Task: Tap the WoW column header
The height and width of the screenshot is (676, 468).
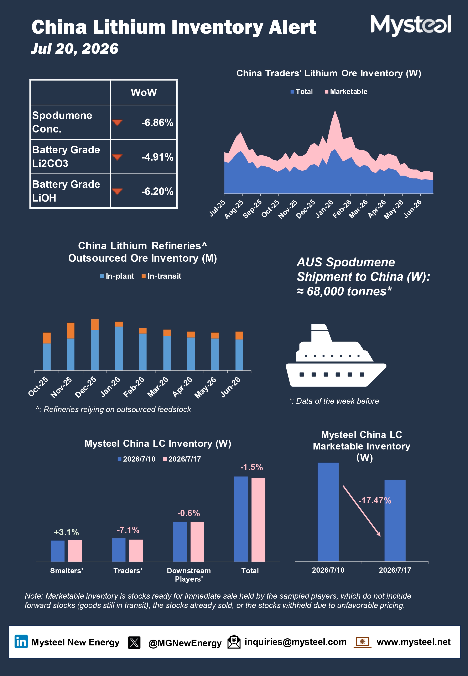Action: pyautogui.click(x=144, y=92)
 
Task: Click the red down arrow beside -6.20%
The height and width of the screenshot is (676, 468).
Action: pyautogui.click(x=117, y=191)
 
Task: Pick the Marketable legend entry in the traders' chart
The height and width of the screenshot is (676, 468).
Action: pyautogui.click(x=346, y=92)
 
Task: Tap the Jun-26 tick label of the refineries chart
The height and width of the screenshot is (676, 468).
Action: pyautogui.click(x=230, y=387)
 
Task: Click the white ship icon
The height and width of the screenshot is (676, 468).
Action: pyautogui.click(x=336, y=355)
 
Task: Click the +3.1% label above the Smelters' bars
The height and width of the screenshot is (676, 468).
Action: pyautogui.click(x=66, y=532)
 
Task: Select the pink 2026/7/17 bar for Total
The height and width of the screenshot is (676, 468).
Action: pyautogui.click(x=258, y=520)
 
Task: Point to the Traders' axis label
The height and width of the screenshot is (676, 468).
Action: pyautogui.click(x=128, y=571)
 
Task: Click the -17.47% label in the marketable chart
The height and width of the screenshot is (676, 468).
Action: pyautogui.click(x=375, y=500)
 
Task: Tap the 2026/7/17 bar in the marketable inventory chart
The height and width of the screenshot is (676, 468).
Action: pyautogui.click(x=395, y=521)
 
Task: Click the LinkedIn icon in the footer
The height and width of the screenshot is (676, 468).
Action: pyautogui.click(x=21, y=641)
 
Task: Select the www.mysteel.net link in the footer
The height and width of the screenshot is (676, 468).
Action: pyautogui.click(x=414, y=642)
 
